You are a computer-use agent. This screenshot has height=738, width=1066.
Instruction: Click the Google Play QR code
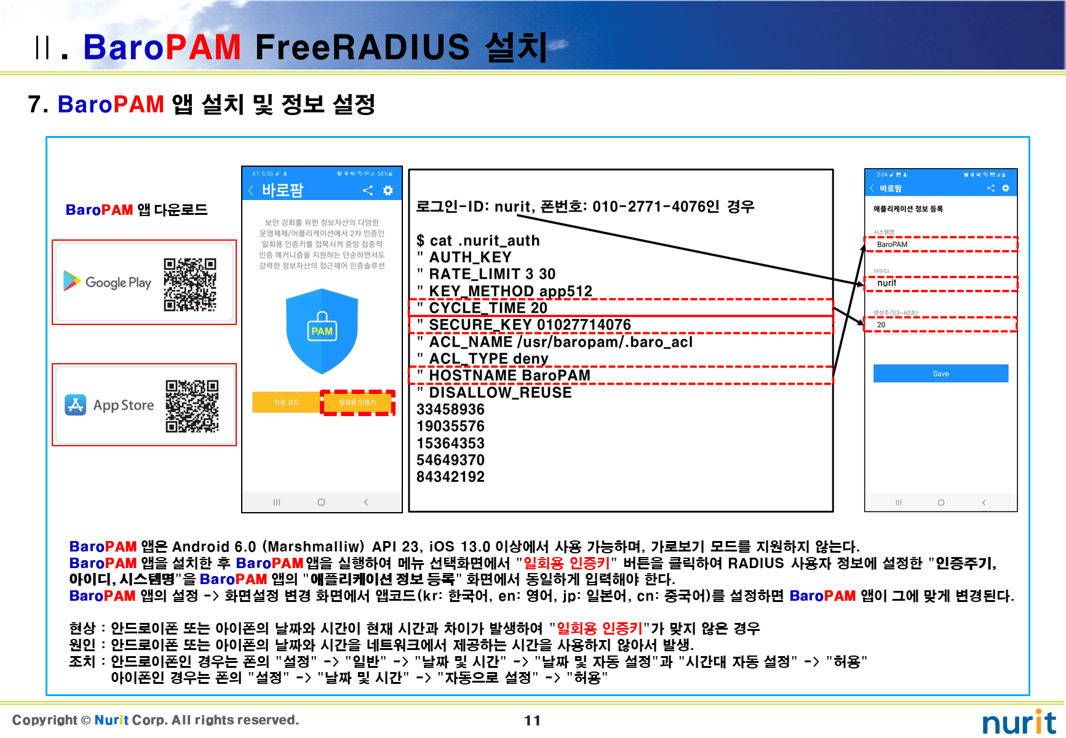[x=190, y=284]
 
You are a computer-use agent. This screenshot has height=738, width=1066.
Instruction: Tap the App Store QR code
[x=192, y=406]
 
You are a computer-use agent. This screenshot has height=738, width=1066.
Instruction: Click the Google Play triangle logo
[x=72, y=281]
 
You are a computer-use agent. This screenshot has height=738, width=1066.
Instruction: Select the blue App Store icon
[x=76, y=404]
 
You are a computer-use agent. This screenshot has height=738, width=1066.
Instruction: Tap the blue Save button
[x=941, y=374]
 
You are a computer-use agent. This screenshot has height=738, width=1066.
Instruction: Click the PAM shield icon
[x=322, y=332]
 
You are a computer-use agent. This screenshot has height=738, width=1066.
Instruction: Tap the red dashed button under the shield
[x=357, y=403]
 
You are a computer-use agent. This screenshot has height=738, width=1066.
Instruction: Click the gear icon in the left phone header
[x=388, y=190]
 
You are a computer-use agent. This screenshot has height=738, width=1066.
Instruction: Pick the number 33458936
[x=450, y=409]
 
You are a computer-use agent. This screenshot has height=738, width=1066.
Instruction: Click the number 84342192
[x=450, y=477]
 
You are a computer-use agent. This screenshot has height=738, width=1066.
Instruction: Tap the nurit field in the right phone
[x=941, y=283]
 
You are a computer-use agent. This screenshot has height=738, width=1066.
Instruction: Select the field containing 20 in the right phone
[x=941, y=324]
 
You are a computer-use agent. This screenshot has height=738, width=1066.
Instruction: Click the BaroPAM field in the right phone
[x=941, y=244]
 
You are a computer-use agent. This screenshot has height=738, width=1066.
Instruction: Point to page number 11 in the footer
[x=532, y=721]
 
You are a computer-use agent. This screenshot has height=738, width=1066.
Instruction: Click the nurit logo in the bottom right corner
[x=1019, y=722]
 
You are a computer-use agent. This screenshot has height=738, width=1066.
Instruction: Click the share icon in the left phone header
[x=368, y=190]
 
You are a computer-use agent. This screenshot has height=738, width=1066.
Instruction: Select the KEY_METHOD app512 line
[x=510, y=291]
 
